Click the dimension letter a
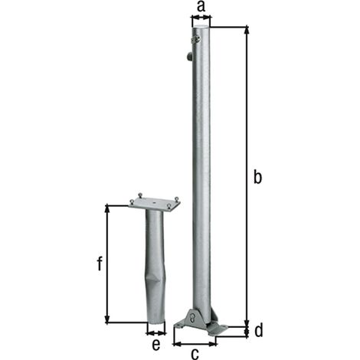[201, 7]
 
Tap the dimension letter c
[195, 353]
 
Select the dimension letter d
[258, 330]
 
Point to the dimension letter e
[156, 345]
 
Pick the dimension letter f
[100, 263]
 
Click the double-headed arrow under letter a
[201, 18]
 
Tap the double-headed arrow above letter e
[156, 333]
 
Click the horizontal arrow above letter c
[195, 344]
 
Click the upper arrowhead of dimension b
[247, 30]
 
